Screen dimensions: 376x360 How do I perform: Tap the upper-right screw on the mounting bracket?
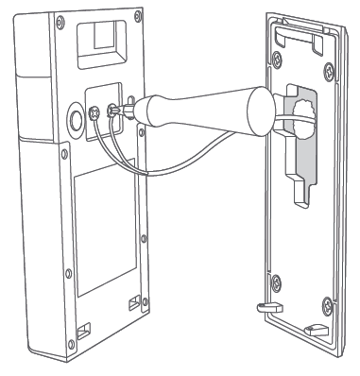pyautogui.click(x=324, y=65)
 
